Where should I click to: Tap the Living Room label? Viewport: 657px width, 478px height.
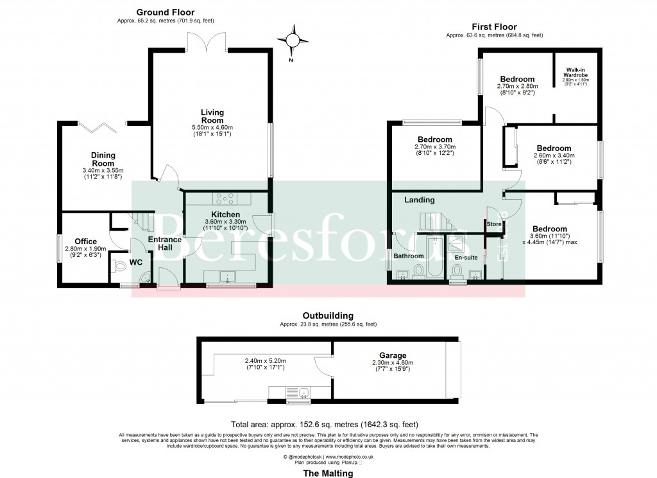pos(212,116)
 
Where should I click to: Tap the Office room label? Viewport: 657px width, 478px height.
pos(85,242)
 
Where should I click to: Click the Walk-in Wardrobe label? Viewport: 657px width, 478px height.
pos(576,72)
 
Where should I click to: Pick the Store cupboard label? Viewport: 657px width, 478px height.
pos(494,224)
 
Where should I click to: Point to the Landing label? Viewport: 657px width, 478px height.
pos(420,200)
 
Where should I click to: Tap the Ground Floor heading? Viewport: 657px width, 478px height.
pos(166,12)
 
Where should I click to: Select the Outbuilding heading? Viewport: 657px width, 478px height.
pos(327,316)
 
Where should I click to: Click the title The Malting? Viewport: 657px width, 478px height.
pos(328,474)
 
